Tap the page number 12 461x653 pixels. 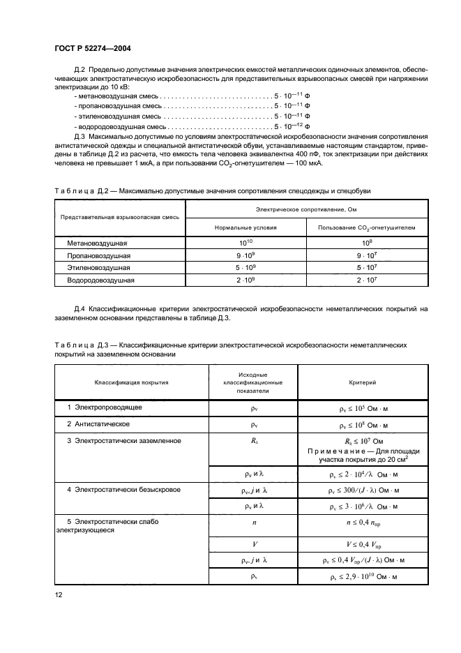tap(59, 594)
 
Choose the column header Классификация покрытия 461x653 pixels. tap(127, 382)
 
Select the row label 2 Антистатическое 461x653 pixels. tap(100, 423)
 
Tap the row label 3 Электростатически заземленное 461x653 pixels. tap(124, 441)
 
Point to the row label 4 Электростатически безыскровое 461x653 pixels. tap(124, 490)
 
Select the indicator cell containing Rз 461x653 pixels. tap(252, 441)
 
